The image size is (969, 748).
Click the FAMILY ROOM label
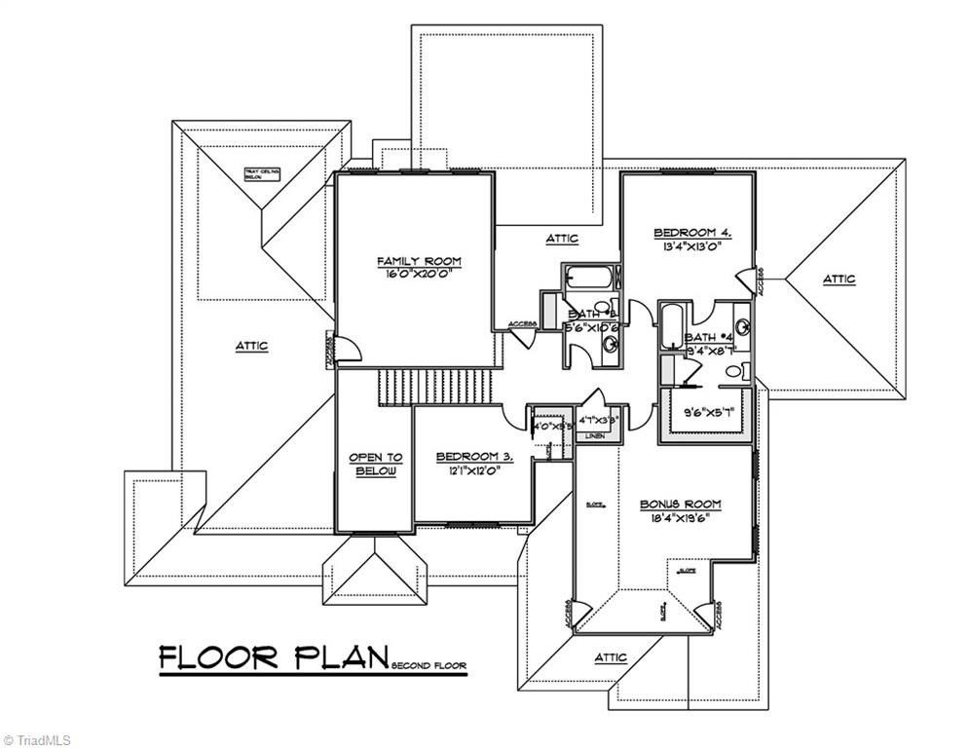point(419,261)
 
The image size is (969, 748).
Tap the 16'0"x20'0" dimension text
point(419,275)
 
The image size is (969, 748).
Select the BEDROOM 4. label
point(691,233)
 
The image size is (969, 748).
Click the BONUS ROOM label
point(680,505)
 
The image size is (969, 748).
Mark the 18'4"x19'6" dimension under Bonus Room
point(680,517)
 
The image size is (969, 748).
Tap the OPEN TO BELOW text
point(375,465)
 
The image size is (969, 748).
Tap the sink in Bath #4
point(742,326)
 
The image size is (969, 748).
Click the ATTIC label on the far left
point(250,346)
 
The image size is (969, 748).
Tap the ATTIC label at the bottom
point(612,656)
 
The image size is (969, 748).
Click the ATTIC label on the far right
point(839,280)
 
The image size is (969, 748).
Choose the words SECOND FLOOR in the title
point(429,667)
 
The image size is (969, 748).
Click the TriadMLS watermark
point(36,740)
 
